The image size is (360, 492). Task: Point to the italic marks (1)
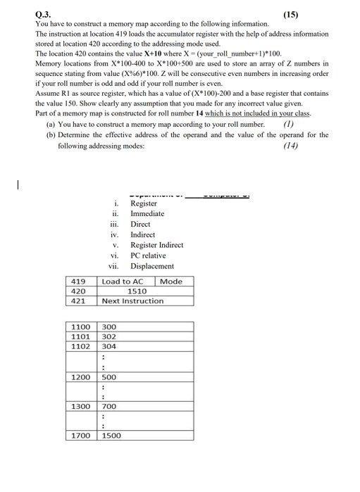coord(287,124)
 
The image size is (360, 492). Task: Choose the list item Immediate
coord(147,214)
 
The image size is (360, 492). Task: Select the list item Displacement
coord(152,266)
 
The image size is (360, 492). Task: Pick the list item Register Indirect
coord(156,245)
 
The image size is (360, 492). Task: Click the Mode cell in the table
coord(171,282)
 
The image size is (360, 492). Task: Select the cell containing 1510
coord(137,291)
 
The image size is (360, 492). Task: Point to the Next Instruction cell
coord(132,301)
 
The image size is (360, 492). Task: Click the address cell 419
coord(78,282)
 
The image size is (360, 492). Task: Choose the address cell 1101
coord(81,336)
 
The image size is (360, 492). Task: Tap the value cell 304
coord(109,346)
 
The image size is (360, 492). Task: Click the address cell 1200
coord(81,377)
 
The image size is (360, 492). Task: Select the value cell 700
coord(109,407)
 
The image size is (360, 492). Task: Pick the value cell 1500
coord(111,436)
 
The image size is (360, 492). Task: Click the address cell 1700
coord(81,436)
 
